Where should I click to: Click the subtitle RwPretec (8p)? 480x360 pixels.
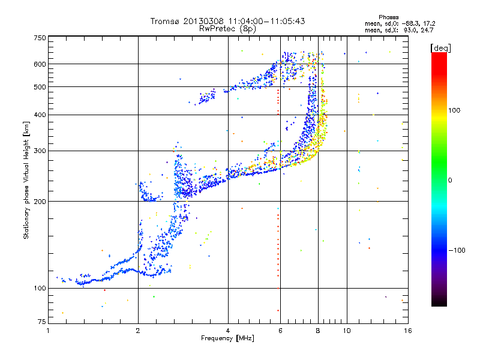(x=227, y=29)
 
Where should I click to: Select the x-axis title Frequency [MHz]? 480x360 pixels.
(x=227, y=338)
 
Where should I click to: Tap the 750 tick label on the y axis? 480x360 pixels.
(x=40, y=38)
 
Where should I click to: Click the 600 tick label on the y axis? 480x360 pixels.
(x=40, y=64)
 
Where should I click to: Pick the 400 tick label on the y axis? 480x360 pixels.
(x=40, y=115)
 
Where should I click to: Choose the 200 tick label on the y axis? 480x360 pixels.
(x=40, y=202)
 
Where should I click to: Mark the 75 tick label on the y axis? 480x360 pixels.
(x=42, y=322)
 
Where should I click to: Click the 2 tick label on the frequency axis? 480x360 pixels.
(x=138, y=331)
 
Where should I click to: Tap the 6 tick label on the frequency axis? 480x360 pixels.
(x=280, y=331)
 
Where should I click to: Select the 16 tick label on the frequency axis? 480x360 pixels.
(x=408, y=331)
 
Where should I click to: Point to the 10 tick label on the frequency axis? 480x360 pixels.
(x=347, y=331)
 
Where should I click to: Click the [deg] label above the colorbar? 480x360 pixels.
(x=440, y=48)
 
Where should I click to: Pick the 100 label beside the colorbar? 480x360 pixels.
(x=454, y=110)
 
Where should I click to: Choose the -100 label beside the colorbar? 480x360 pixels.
(x=457, y=250)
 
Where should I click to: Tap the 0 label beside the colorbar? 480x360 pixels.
(x=450, y=181)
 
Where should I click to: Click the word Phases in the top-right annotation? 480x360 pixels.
(x=388, y=17)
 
